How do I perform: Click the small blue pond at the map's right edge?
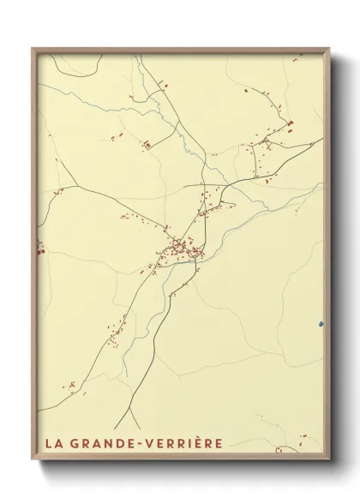pyautogui.click(x=321, y=324)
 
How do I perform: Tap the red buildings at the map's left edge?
pyautogui.click(x=39, y=250)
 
